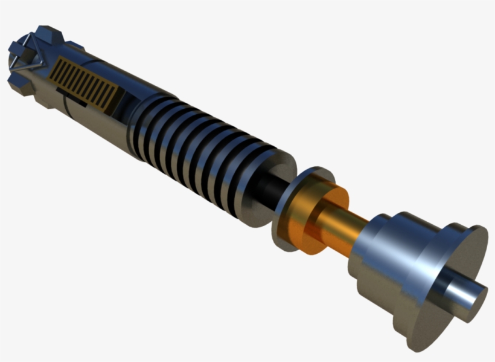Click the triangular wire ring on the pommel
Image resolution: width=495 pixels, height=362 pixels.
[28, 55]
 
